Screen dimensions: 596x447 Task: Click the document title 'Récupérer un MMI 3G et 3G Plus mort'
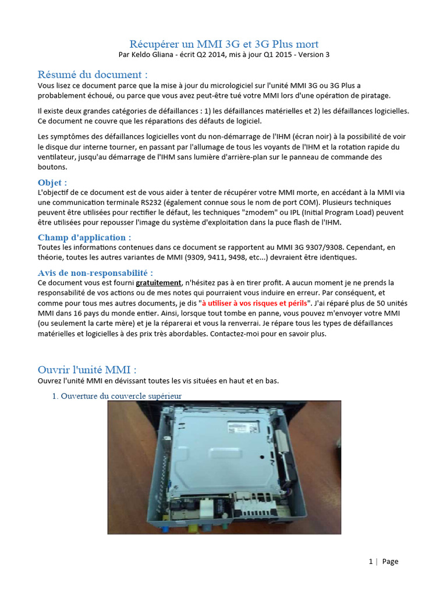tap(223, 44)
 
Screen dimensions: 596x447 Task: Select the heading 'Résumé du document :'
tap(93, 74)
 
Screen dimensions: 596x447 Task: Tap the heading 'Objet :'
tap(52, 182)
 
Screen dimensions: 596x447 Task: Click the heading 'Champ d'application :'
tap(84, 237)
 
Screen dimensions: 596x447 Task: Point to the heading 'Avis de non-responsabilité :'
tap(95, 272)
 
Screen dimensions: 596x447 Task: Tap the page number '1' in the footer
tap(371, 562)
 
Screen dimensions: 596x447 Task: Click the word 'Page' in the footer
tap(391, 562)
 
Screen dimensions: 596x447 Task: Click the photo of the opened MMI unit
tap(224, 467)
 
